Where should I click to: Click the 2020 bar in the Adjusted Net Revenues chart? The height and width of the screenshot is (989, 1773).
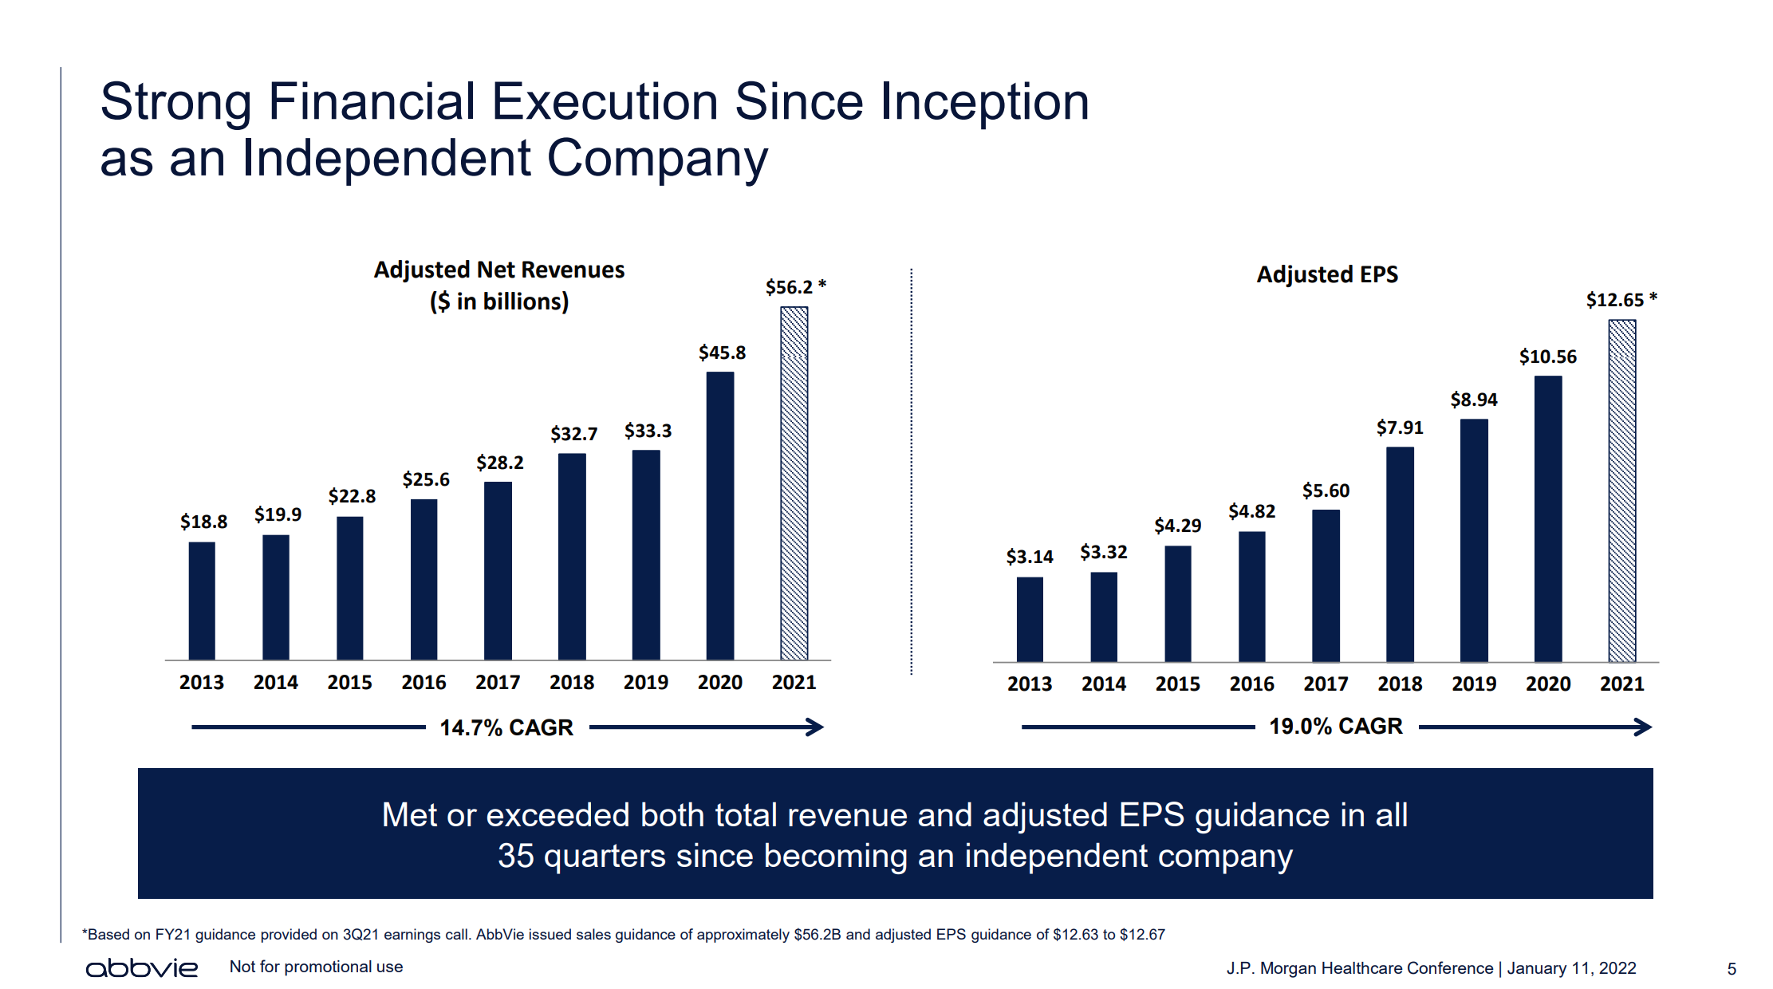coord(719,515)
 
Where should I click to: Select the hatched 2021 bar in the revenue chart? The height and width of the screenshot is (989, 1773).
coord(794,483)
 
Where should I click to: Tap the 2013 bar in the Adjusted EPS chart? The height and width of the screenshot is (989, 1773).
coord(1029,619)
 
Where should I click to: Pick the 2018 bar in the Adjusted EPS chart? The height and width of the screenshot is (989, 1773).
coord(1400,554)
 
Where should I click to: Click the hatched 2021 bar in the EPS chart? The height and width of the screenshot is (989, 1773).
coord(1621,491)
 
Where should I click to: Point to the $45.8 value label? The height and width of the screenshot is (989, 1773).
coord(722,353)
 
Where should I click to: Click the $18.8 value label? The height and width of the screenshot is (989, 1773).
coord(203,522)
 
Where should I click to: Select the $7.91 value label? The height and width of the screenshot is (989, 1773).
coord(1400,428)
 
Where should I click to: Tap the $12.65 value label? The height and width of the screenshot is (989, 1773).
coord(1615,300)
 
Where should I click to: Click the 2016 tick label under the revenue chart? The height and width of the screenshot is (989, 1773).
coord(424,683)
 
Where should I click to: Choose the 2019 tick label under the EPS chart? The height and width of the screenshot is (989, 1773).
coord(1474,684)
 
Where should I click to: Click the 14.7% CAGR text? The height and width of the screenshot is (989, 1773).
coord(506,727)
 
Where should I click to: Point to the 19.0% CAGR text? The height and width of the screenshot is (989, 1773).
coord(1336,726)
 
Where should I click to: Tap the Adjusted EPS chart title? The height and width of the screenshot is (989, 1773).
coord(1327,274)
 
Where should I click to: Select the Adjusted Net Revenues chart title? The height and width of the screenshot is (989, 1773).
coord(499,270)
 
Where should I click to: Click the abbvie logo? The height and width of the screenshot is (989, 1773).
coord(142,967)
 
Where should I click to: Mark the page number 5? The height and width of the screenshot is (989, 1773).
coord(1732,969)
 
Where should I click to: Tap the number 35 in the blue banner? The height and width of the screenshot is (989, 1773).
coord(515,856)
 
